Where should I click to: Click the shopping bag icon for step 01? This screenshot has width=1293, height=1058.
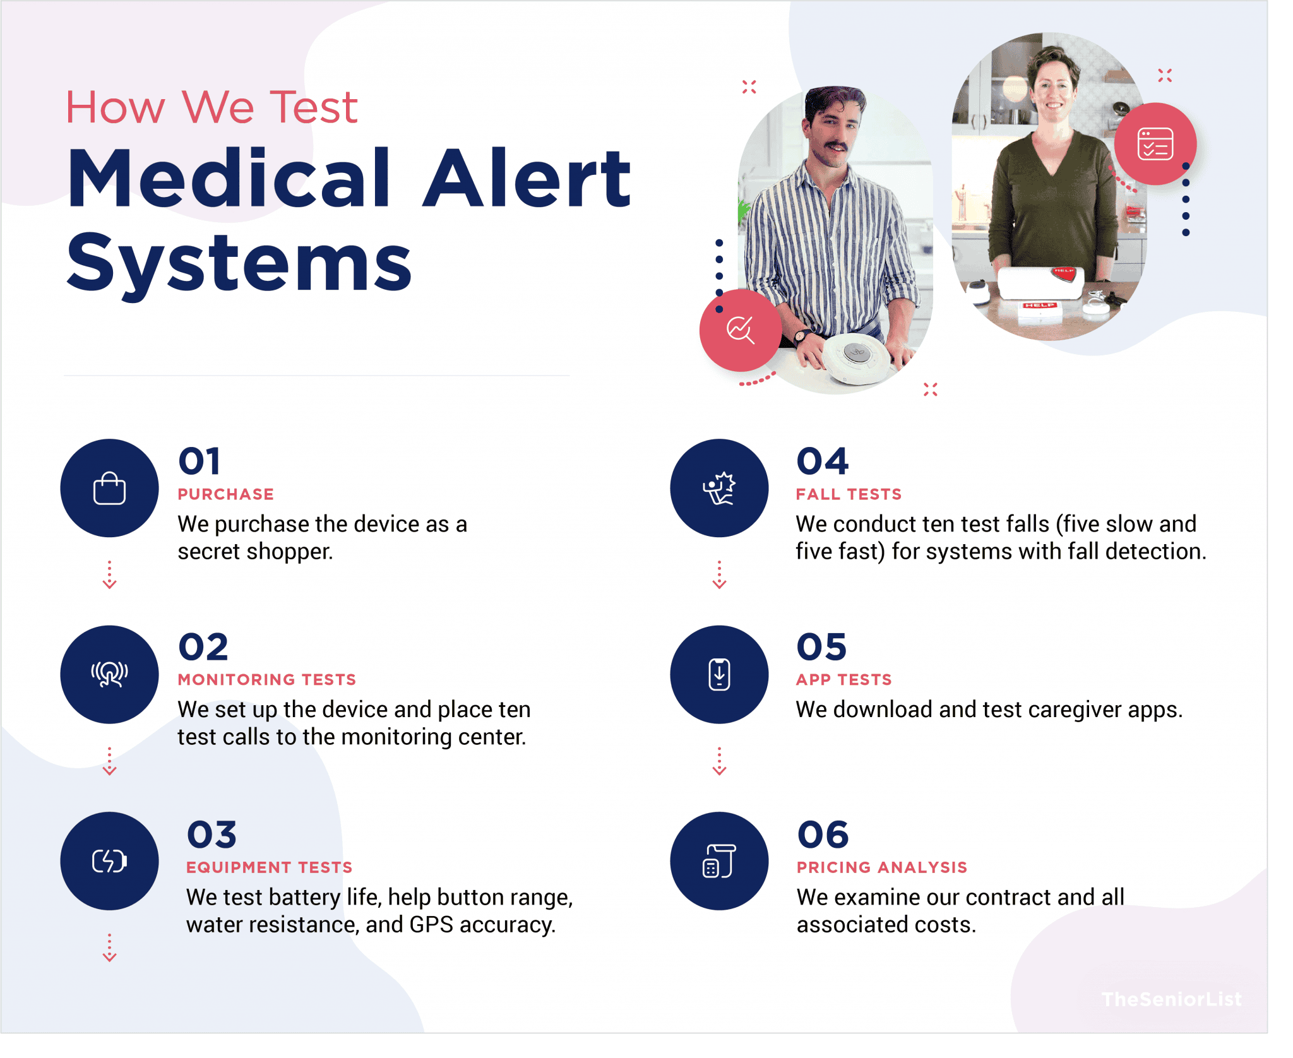tap(109, 489)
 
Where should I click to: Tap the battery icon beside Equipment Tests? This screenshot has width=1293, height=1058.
tap(109, 860)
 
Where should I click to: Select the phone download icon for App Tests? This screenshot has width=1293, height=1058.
tap(719, 674)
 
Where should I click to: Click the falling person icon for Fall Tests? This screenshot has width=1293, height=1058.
tap(719, 489)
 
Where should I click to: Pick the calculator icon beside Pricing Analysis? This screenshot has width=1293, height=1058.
tap(719, 860)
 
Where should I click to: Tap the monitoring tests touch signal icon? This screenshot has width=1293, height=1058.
tap(109, 674)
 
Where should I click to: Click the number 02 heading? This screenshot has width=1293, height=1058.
tap(203, 647)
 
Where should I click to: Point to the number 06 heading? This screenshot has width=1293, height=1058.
tap(823, 835)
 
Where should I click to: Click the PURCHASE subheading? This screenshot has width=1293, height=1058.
tap(225, 494)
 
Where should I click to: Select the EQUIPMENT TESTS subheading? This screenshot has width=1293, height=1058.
tap(269, 867)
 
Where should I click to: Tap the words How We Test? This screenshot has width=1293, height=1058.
tap(212, 107)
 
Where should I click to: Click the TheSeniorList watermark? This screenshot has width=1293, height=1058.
tap(1171, 999)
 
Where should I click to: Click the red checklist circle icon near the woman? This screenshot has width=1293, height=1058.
tap(1155, 144)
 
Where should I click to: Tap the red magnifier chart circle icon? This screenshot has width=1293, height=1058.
tap(740, 330)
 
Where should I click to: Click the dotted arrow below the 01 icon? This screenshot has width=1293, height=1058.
tap(109, 575)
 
